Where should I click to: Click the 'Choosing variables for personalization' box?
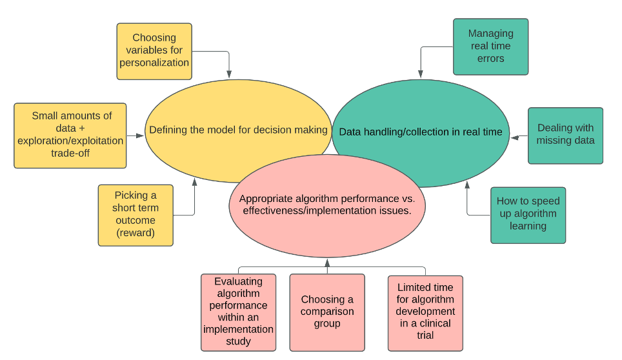click(x=154, y=51)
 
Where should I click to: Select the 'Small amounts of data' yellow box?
click(x=71, y=135)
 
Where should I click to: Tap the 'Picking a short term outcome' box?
click(x=135, y=214)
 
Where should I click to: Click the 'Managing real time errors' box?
click(x=490, y=46)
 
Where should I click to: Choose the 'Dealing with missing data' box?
click(x=565, y=135)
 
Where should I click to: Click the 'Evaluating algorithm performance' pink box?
click(x=238, y=312)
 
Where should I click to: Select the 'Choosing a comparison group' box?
click(x=327, y=312)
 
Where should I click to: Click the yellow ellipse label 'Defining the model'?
click(x=238, y=130)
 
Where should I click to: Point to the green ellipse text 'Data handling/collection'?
click(x=420, y=132)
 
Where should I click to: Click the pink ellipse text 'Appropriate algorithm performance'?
click(x=327, y=205)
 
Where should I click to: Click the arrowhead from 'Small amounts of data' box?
click(x=140, y=136)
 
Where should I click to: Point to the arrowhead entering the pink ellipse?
click(x=327, y=262)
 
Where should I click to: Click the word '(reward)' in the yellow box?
click(x=135, y=233)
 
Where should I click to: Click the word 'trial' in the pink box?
click(x=425, y=335)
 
